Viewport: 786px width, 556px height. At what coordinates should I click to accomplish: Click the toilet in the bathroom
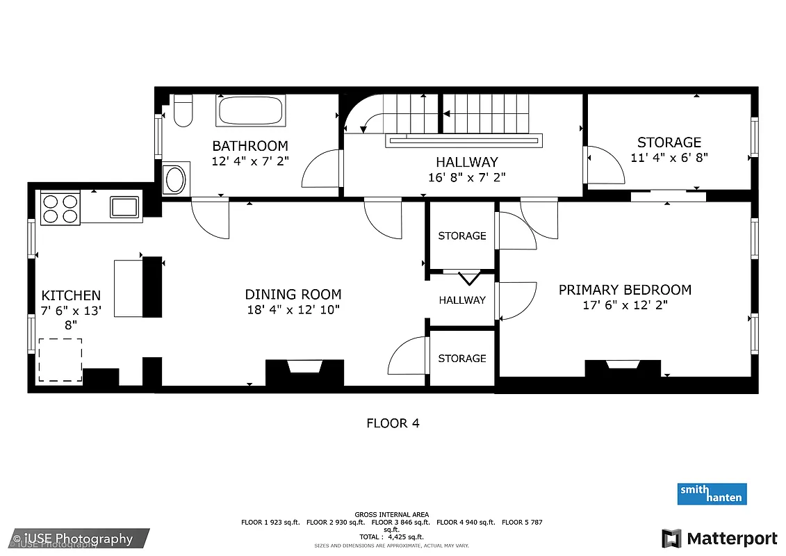183,112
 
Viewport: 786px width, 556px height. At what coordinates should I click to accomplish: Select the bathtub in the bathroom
250,111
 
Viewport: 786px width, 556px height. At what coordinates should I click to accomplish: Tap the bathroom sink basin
174,179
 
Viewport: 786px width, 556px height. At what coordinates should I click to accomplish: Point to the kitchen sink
124,207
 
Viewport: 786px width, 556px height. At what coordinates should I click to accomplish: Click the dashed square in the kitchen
60,359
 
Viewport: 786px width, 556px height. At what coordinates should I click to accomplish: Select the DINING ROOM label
293,294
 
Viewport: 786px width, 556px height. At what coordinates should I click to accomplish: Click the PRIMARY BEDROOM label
625,290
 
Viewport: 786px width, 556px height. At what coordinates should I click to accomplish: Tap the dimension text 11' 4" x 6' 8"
669,158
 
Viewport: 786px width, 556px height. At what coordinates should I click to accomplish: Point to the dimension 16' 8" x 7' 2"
466,177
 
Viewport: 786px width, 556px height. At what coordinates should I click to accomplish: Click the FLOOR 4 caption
393,423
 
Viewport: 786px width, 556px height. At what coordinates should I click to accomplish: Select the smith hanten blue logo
712,493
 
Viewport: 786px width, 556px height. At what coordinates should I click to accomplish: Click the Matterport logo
719,538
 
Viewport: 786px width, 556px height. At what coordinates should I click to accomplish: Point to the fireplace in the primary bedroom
622,368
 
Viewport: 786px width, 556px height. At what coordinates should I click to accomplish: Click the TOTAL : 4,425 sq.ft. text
392,537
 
